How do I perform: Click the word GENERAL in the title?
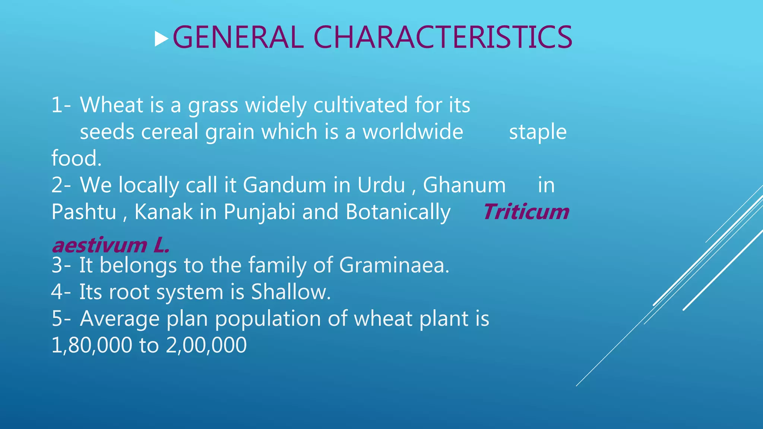point(238,37)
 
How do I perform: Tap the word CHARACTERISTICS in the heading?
point(443,37)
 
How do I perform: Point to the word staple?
point(538,132)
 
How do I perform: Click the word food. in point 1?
point(76,158)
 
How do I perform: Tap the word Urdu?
point(381,185)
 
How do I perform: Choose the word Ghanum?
point(464,185)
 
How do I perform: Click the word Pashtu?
point(84,212)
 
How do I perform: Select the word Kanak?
point(164,212)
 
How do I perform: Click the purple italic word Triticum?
point(526,212)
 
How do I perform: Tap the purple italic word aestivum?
point(99,246)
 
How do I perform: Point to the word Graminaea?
point(395,265)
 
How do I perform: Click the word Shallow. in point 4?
point(291,292)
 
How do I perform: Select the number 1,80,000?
point(92,345)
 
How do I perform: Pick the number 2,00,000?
point(206,345)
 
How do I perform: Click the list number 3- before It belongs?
point(62,265)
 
